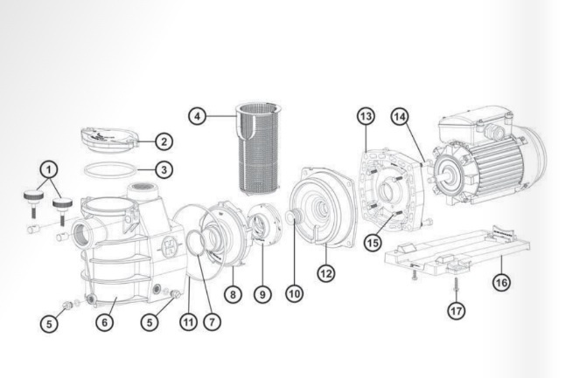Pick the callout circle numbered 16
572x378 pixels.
click(499, 282)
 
